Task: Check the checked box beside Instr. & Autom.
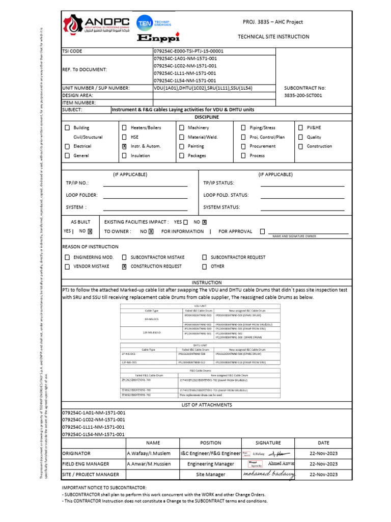point(124,146)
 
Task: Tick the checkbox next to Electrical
point(67,146)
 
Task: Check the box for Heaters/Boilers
point(124,128)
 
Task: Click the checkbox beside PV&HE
point(300,128)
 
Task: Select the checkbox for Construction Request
point(124,267)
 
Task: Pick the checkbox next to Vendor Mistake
point(67,267)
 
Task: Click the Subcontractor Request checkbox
point(204,258)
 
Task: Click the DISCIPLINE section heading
point(206,117)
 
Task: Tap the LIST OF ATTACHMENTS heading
point(206,405)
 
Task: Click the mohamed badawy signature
point(268,475)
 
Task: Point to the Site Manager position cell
point(210,475)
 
